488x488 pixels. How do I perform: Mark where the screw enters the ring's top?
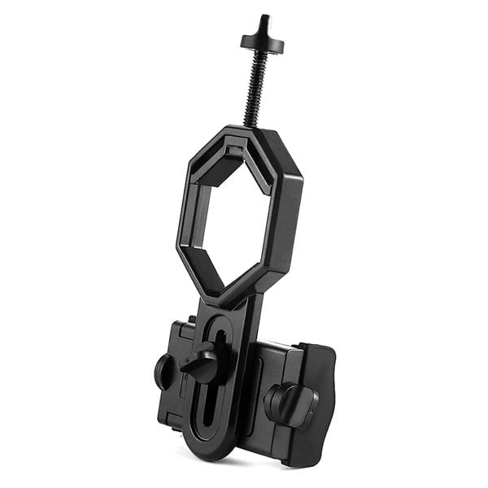(251, 128)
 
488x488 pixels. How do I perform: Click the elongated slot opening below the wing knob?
(209, 407)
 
